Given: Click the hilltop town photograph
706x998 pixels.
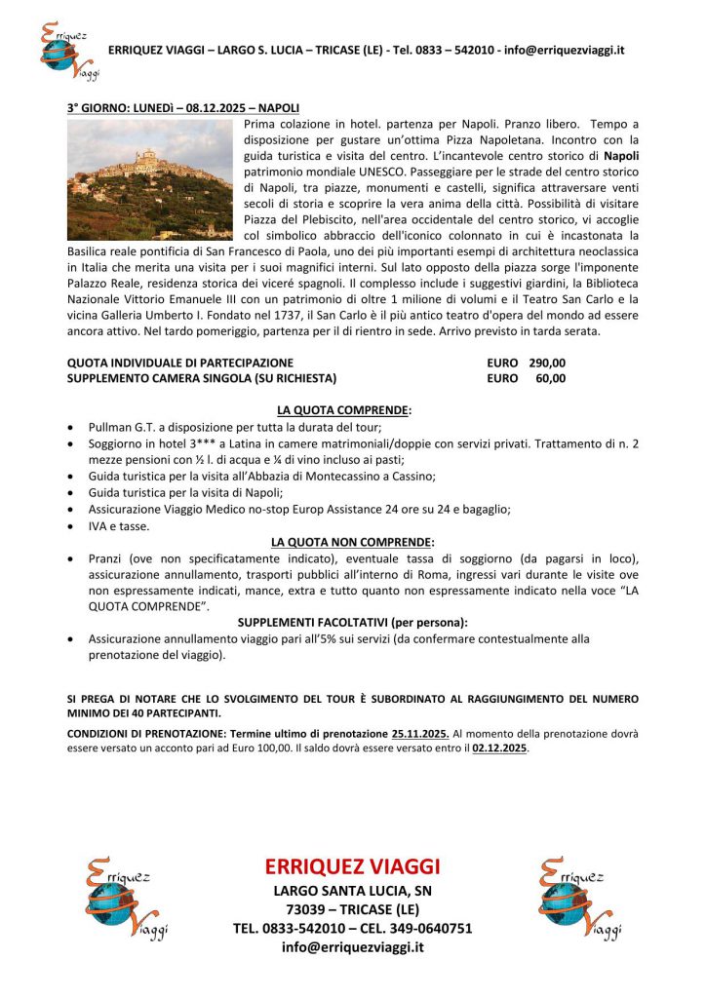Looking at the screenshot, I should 149,179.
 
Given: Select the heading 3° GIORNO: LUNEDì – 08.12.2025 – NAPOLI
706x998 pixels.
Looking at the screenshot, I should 183,106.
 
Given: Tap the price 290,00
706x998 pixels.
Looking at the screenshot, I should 547,363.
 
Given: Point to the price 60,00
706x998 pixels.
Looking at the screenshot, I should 551,378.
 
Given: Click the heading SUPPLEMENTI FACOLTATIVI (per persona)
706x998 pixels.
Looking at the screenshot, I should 353,622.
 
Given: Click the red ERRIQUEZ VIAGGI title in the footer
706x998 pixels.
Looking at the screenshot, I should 352,866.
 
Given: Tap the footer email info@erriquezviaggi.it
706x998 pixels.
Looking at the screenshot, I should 352,946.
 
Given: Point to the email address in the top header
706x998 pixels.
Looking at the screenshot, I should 565,50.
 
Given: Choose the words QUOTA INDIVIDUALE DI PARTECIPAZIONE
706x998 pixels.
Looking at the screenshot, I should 180,363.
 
